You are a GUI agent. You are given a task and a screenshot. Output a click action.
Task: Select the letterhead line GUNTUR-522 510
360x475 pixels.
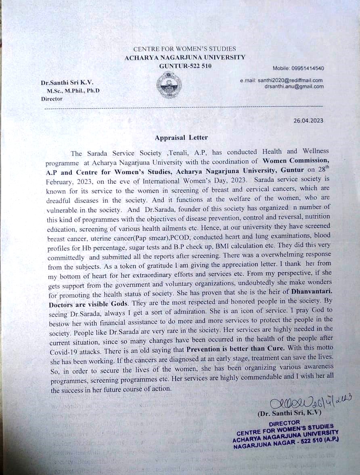(x=185, y=66)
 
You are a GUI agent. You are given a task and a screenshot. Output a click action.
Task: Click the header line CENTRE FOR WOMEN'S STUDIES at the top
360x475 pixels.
(x=184, y=49)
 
